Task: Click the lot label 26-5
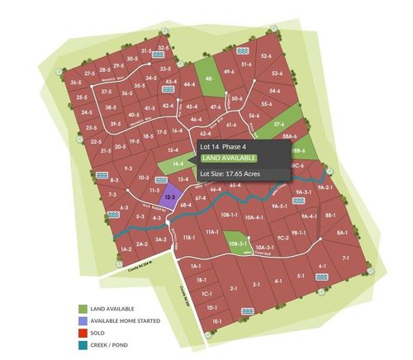[76, 83]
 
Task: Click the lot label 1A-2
[126, 248]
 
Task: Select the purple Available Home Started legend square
[95, 320]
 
